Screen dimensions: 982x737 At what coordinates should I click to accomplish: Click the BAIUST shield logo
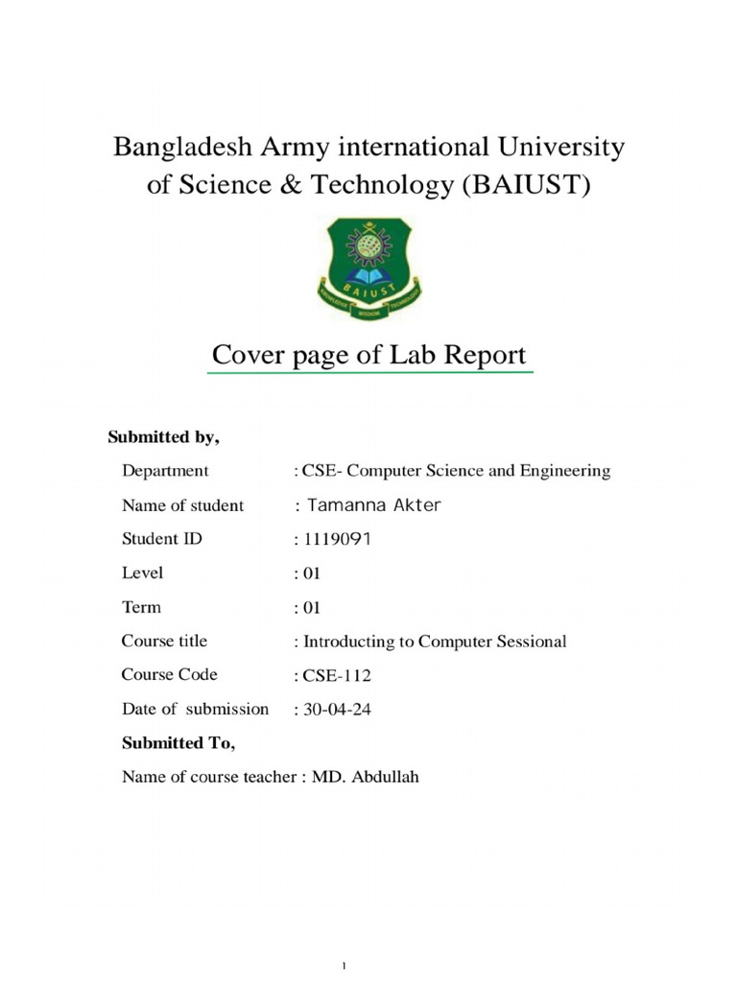[368, 269]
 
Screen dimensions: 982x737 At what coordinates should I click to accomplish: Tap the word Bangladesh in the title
[179, 148]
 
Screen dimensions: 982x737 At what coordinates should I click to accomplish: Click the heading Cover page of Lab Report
[368, 356]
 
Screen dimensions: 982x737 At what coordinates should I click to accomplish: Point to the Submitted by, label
[164, 437]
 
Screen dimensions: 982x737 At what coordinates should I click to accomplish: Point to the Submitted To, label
[178, 743]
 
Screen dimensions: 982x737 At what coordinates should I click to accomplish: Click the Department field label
[165, 471]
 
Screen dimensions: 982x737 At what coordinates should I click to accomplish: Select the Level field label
[142, 573]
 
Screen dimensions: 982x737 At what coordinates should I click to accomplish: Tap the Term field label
[141, 607]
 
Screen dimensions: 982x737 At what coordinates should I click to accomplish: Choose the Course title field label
[164, 641]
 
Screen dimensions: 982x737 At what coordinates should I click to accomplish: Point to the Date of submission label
[195, 710]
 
